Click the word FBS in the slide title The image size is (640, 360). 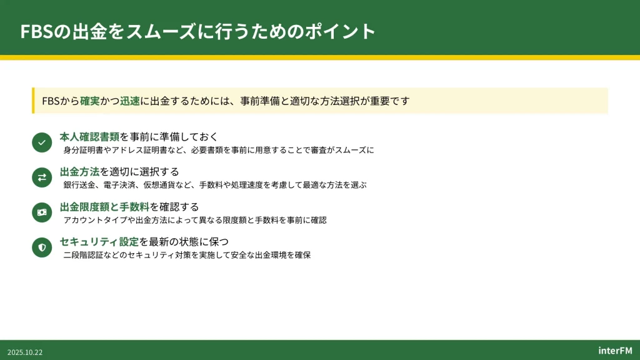coord(37,31)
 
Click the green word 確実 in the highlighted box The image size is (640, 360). coord(90,101)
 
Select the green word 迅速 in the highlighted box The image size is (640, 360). coord(130,101)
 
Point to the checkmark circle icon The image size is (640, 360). coord(42,142)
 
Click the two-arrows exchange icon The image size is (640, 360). coord(42,177)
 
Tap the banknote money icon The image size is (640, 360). coord(42,212)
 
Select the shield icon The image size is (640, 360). coord(42,247)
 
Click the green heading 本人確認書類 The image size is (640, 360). coord(89,136)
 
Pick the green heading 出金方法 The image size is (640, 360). coord(79,171)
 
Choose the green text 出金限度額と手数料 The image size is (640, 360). coord(104,206)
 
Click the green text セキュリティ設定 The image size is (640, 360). coord(99,242)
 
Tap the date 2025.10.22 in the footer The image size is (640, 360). coord(25,352)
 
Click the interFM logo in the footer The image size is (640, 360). coord(615,351)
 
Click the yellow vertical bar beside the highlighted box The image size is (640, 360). coord(33,101)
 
